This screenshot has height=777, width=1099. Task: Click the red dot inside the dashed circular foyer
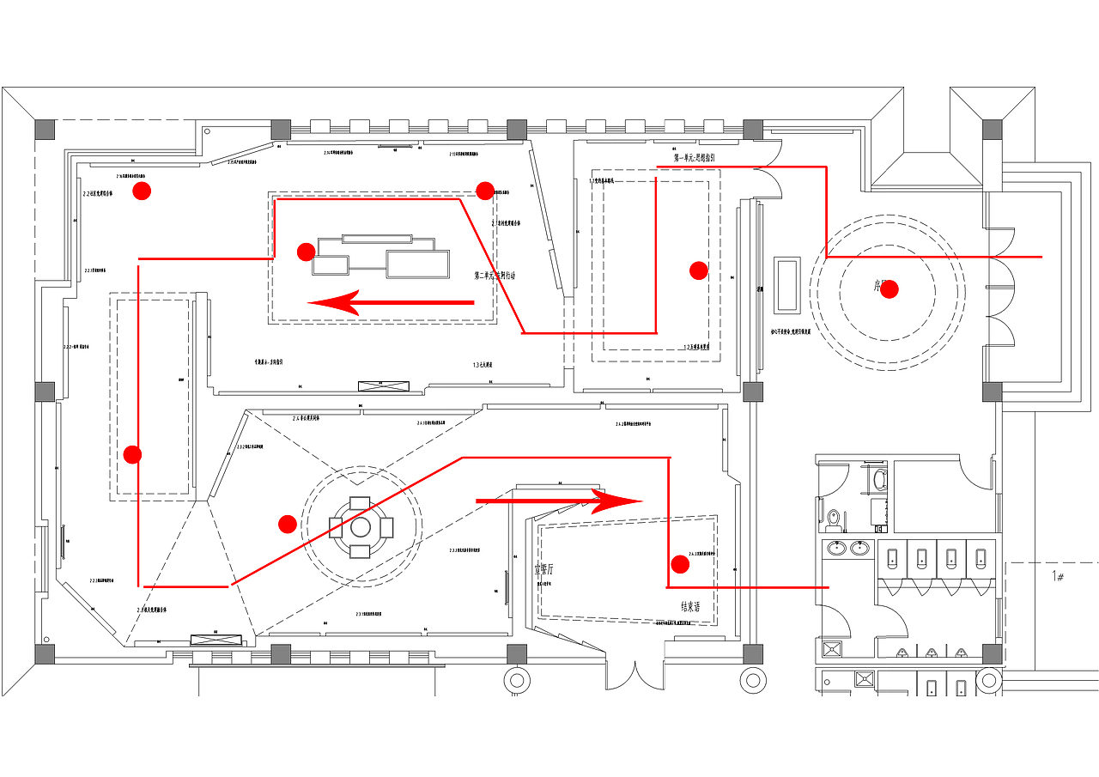(890, 289)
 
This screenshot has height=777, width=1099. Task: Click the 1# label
(1059, 577)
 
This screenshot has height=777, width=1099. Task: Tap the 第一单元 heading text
(694, 158)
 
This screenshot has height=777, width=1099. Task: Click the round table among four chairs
(361, 525)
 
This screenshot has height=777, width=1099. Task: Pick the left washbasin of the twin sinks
(835, 548)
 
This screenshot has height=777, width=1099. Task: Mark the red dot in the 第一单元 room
(699, 270)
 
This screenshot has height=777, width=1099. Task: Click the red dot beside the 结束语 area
(680, 564)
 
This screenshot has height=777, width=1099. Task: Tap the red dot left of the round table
(288, 524)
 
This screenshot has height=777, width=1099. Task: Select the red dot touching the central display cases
(306, 252)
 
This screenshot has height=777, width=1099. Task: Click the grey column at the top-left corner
(45, 130)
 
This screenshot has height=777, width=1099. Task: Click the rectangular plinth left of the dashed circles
(786, 283)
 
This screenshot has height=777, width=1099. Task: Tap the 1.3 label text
(482, 365)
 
